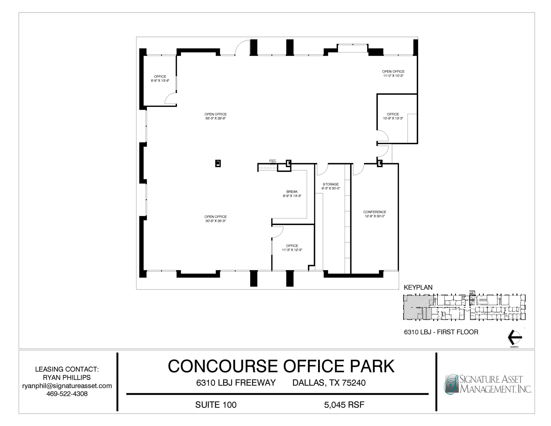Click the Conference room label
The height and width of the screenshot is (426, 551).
pos(375,212)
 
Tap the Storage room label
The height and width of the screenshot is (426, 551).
pos(331,184)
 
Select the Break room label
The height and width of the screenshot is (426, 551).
pos(292,192)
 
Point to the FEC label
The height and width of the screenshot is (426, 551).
pos(273,161)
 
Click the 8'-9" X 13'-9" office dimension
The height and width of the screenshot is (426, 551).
pos(160,80)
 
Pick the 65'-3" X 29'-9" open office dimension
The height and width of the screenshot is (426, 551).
pos(216,118)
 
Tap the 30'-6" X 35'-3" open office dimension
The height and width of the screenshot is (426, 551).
pos(216,221)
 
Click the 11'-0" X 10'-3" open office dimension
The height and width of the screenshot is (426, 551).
pos(393,76)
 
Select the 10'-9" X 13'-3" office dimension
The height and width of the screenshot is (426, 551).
pos(393,118)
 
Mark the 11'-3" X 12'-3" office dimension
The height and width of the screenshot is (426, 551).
pos(292,250)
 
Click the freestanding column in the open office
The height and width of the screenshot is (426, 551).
pos(218,163)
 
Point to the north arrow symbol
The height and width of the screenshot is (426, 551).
pos(514,337)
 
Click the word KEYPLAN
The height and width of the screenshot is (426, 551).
pos(418,287)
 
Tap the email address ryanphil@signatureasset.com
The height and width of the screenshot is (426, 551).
pos(67,386)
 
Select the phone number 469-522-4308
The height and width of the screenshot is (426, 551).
pos(67,394)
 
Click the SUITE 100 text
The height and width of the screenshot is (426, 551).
pos(216,405)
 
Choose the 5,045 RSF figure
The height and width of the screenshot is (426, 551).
pos(344,405)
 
